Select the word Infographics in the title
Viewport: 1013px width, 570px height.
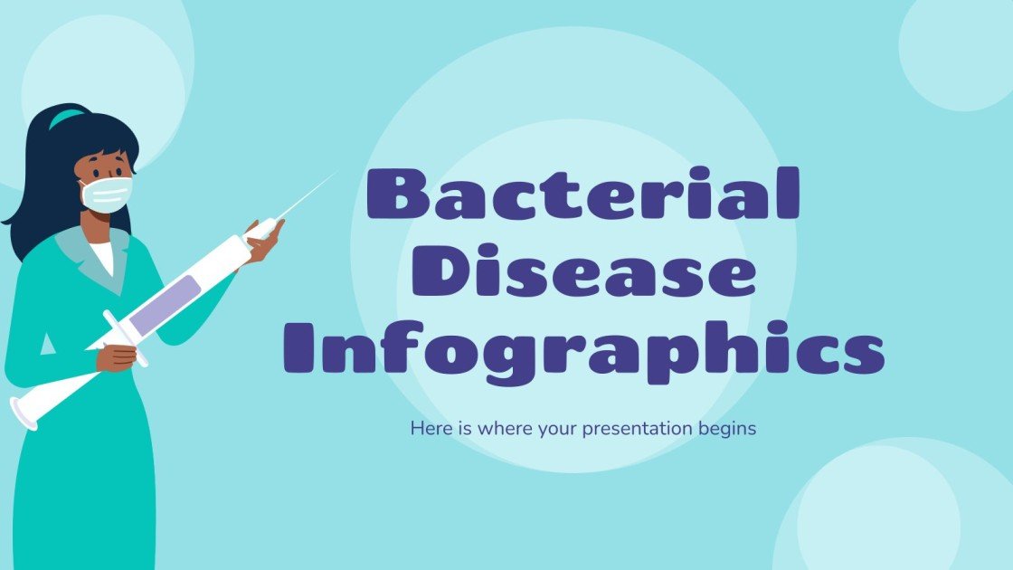[x=590, y=351]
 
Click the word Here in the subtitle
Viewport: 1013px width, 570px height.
[x=429, y=429]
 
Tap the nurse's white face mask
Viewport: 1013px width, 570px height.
[x=107, y=193]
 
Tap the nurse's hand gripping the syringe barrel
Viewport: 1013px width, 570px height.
[x=116, y=355]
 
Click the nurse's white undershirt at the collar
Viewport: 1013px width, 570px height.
[x=101, y=256]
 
